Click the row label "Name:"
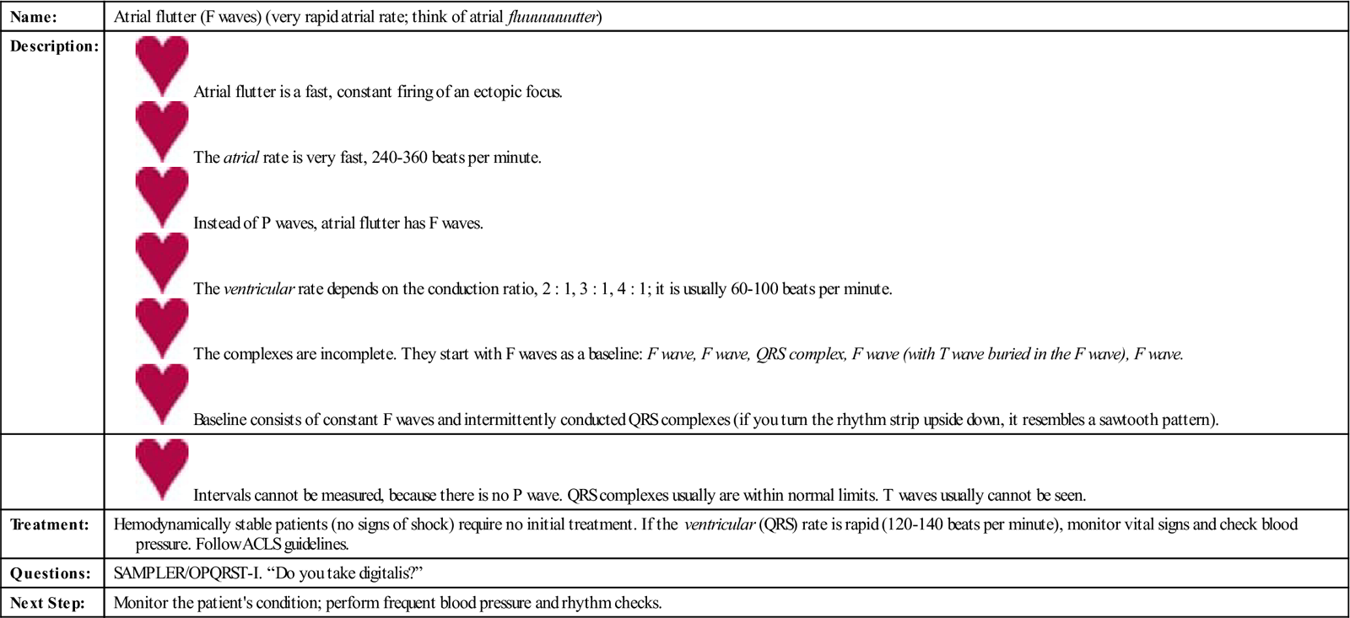coord(34,17)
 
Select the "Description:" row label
coord(54,46)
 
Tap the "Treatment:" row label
coord(49,524)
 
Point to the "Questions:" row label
coord(50,573)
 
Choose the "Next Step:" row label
coord(47,603)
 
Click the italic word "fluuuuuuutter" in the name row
coord(553,17)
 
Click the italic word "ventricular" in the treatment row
coord(720,524)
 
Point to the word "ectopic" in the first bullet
coord(498,92)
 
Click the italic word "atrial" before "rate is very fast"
coord(240,158)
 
